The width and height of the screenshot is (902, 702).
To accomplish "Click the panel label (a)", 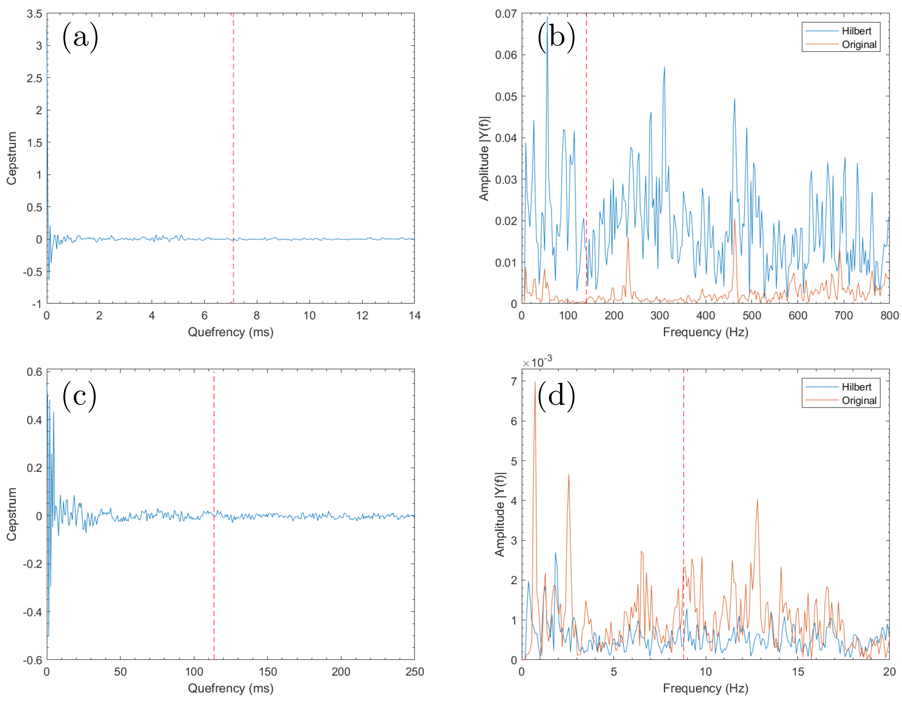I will (x=80, y=38).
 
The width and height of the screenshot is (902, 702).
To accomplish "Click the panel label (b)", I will (x=556, y=38).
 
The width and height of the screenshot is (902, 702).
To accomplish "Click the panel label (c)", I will (x=79, y=396).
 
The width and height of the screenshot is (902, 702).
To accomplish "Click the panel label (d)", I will (x=556, y=396).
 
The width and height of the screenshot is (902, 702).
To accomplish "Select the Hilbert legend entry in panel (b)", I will (x=856, y=31).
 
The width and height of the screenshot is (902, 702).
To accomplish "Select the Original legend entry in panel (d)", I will (x=859, y=401).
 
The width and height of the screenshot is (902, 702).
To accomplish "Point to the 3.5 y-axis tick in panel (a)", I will (x=35, y=14).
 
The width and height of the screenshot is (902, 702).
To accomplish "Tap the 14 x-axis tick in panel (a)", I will (x=414, y=316).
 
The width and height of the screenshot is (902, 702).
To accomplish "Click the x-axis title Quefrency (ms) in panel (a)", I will (x=230, y=332).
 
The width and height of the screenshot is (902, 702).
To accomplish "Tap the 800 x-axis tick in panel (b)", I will (x=889, y=316).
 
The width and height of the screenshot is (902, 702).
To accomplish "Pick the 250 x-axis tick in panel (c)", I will (x=414, y=672).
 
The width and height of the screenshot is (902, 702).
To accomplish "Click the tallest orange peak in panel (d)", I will (x=535, y=382).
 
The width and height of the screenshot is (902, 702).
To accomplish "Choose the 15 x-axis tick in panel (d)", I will (x=798, y=672).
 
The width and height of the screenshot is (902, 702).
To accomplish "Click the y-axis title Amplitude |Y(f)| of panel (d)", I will (x=500, y=514).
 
